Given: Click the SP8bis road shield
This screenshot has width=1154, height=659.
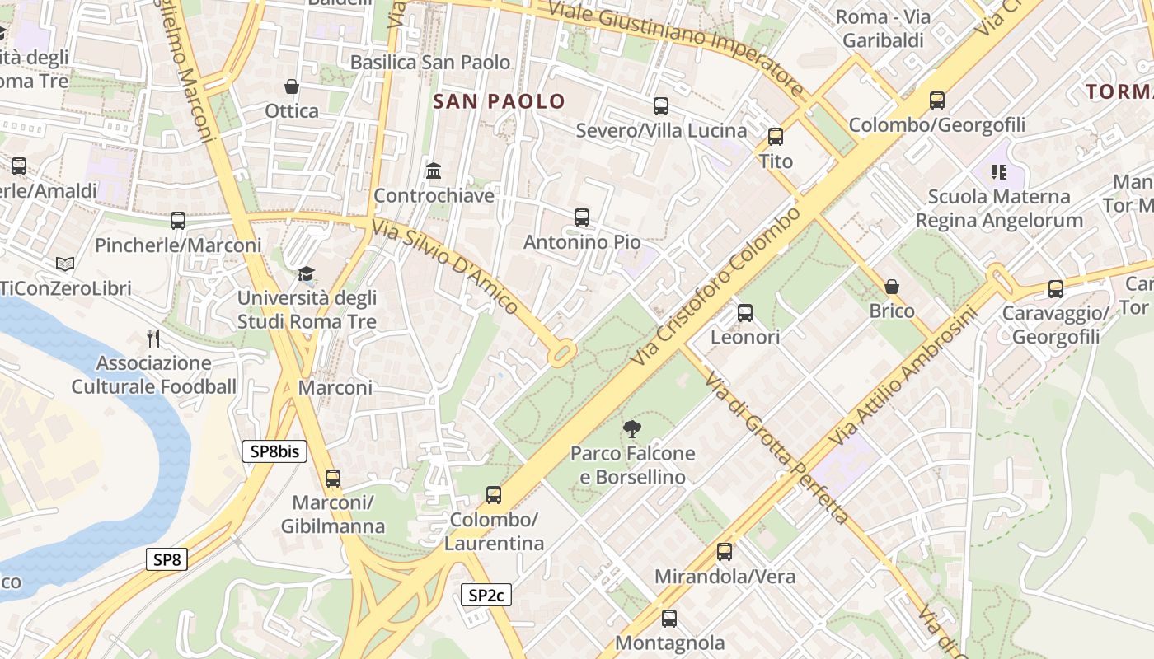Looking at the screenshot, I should click(x=274, y=451).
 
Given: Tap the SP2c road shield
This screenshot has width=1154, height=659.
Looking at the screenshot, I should click(x=486, y=595).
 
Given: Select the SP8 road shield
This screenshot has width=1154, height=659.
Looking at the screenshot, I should click(x=167, y=559).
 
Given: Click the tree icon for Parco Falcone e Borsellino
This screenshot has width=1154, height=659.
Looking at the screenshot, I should click(x=632, y=428).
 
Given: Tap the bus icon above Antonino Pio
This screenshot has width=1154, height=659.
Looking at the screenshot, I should click(x=582, y=217).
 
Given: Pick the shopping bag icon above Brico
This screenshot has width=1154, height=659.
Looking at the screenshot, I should click(x=891, y=287).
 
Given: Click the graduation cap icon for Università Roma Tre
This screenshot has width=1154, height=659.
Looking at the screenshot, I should click(x=307, y=273).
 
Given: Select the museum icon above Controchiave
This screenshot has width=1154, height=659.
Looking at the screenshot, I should click(x=434, y=171).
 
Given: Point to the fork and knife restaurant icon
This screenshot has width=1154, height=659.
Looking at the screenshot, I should click(x=152, y=338).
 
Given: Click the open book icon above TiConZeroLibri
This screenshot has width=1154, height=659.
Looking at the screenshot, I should click(x=65, y=264).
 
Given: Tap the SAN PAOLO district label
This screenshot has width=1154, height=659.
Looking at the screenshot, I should click(x=500, y=101).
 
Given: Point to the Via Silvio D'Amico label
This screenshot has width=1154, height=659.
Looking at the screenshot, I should click(x=445, y=267).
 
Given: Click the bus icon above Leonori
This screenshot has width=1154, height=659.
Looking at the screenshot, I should click(x=745, y=312).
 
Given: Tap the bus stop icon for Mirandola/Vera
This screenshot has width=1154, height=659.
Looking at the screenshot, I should click(x=725, y=552).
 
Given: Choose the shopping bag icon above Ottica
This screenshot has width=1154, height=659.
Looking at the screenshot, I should click(x=291, y=86).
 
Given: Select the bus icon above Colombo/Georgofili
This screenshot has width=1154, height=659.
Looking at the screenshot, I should click(x=937, y=100).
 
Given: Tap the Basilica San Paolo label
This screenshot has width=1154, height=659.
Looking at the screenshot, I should click(x=430, y=63).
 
